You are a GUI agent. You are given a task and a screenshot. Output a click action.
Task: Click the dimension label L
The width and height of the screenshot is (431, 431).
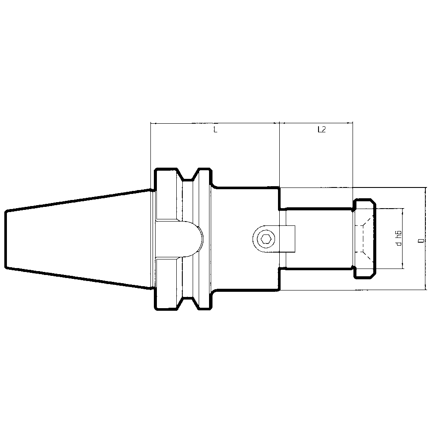215,129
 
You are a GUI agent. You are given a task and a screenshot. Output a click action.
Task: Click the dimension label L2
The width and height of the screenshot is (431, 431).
321,129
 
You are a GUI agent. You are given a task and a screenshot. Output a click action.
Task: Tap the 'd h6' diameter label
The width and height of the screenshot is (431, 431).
399,238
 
